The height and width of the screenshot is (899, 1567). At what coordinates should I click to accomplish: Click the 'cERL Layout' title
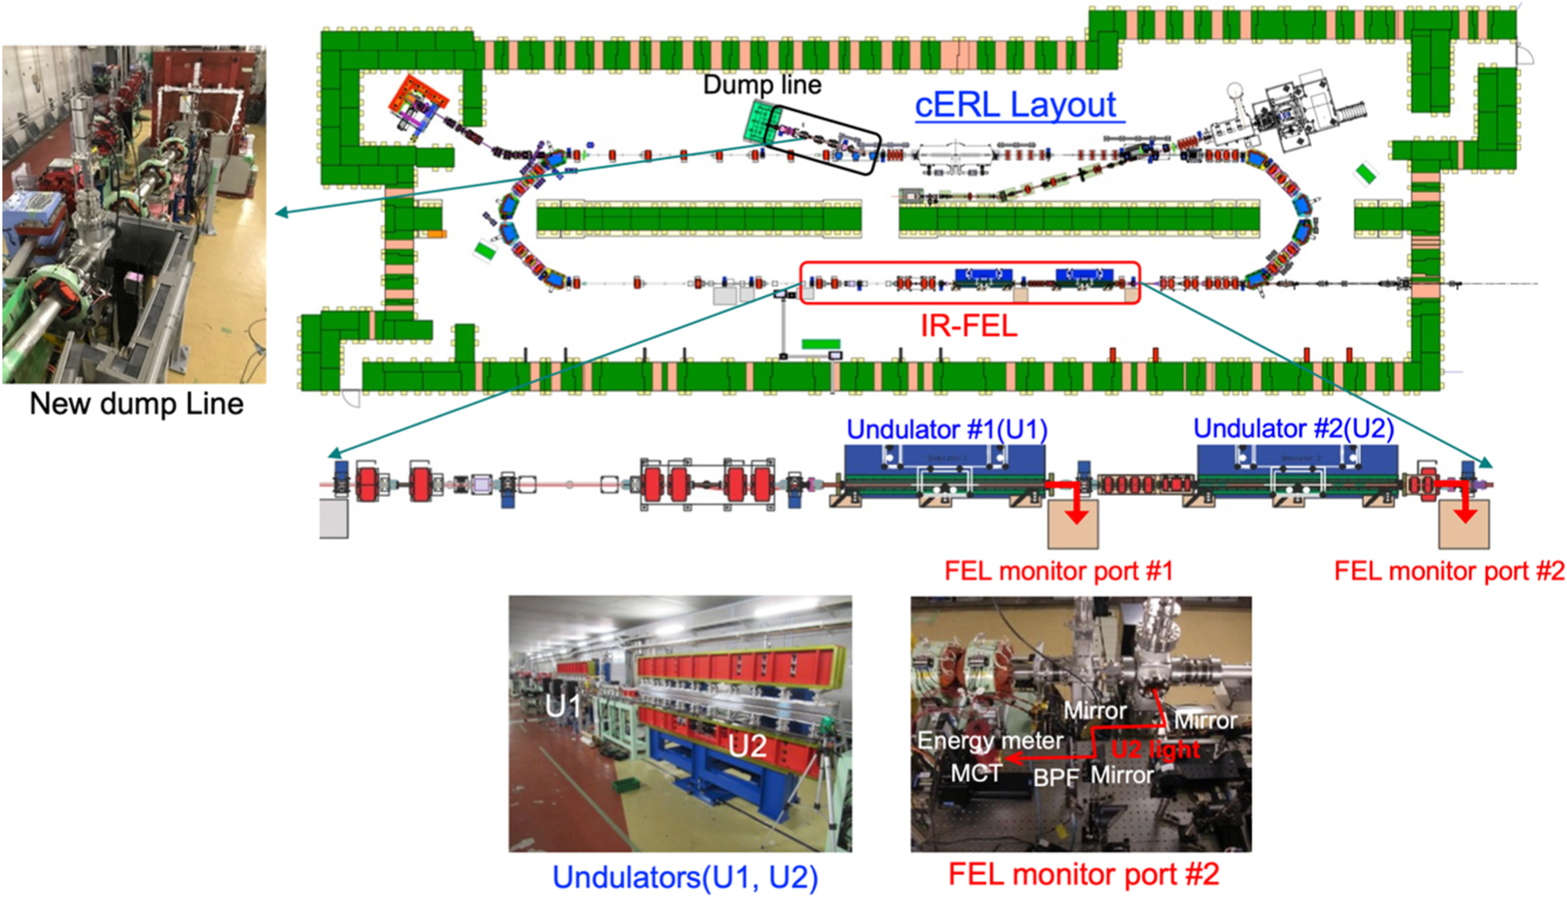pos(1016,105)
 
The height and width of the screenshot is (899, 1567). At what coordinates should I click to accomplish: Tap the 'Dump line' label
pos(762,84)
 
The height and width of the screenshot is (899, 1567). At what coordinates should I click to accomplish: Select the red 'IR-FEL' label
pos(969,325)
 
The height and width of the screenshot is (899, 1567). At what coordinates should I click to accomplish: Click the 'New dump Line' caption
pos(136,404)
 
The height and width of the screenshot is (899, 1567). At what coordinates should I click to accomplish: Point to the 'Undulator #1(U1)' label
pos(947,429)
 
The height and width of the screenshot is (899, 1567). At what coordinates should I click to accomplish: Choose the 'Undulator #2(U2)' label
pos(1293,428)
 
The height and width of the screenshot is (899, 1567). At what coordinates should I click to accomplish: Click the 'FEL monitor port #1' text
pos(1058,571)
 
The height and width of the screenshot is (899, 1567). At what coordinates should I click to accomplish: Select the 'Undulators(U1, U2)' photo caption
pos(684,877)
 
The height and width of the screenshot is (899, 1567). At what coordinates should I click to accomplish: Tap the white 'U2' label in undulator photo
pos(746,746)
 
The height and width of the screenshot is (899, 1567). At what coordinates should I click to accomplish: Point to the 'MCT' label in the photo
pos(976,773)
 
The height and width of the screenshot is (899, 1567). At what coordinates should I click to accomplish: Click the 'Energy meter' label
pos(989,741)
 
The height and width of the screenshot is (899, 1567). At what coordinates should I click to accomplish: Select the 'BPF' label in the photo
pos(1056,778)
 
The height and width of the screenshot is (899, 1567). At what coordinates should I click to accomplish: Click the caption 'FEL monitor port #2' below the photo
pos(1083,875)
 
